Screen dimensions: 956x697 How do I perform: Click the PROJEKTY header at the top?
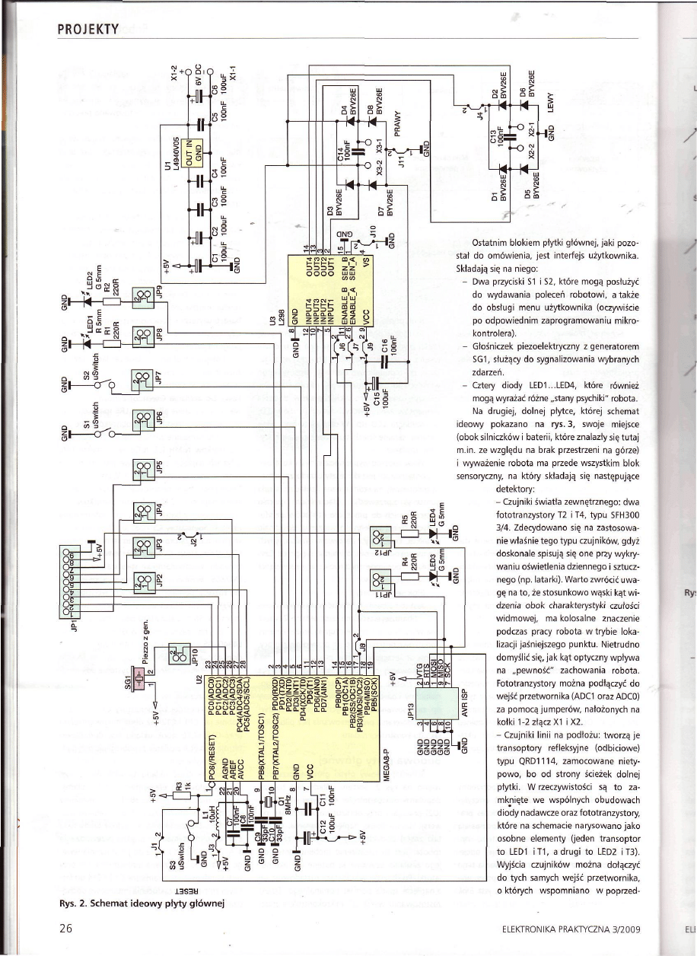pos(87,30)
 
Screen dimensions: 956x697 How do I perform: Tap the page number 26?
pos(66,929)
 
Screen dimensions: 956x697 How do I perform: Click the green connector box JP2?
pos(142,583)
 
